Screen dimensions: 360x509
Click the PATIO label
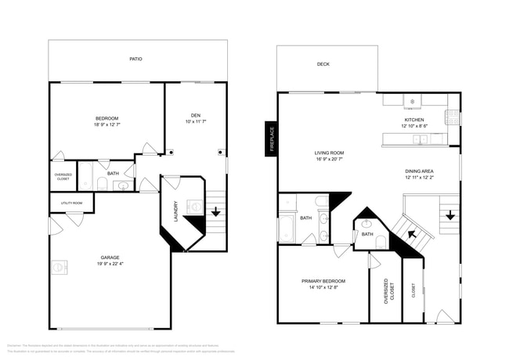(x=136, y=59)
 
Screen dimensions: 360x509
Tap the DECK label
(x=323, y=64)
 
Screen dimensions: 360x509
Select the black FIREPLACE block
(x=271, y=139)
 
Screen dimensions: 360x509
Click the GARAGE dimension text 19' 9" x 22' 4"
(x=110, y=264)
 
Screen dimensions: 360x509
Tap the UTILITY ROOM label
(x=71, y=203)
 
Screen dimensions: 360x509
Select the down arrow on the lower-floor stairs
(x=215, y=211)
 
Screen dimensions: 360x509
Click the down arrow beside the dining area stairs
(x=450, y=214)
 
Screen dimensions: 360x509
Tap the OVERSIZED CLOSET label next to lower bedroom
(x=63, y=176)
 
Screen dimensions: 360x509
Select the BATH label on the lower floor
(x=113, y=174)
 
